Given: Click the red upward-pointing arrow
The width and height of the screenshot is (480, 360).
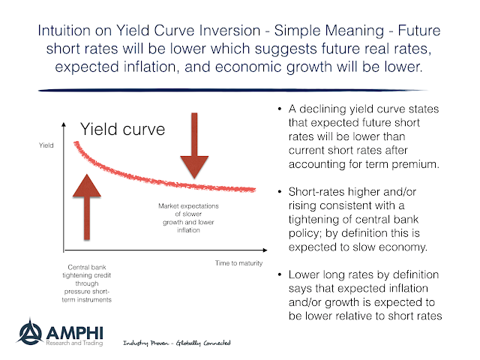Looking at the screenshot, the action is point(87,207).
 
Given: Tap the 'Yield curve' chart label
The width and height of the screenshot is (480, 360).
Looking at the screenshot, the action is point(122,129).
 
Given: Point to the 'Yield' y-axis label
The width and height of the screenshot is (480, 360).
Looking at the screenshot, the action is point(46,145).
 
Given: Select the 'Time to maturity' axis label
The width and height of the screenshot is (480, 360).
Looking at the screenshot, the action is point(238,263).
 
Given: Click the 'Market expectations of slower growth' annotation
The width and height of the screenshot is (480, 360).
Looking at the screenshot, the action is point(188,218).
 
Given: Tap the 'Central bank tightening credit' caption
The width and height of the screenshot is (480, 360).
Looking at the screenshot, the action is point(87,283).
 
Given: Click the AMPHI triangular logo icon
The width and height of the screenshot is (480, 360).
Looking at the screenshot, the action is point(30,331).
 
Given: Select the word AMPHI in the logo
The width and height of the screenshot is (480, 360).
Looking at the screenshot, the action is point(75,333).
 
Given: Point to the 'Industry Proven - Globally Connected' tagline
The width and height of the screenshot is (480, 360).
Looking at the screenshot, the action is point(177,343).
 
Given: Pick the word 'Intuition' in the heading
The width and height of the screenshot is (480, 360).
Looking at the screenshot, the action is point(64,31).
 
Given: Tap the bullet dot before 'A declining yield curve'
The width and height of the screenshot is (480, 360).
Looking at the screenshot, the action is point(280,109).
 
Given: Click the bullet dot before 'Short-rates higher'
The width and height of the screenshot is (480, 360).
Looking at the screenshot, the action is point(280,192).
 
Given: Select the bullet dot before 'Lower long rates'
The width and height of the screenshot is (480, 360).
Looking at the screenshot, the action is point(280,274).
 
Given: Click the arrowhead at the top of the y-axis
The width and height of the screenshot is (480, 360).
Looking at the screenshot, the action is point(64,124).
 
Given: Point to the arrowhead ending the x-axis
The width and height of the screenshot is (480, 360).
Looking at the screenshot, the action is point(265,250).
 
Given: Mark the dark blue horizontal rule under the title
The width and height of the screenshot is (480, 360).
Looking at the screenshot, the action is point(232,90).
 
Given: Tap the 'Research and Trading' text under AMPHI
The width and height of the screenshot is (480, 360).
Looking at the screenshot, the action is point(74,343).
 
